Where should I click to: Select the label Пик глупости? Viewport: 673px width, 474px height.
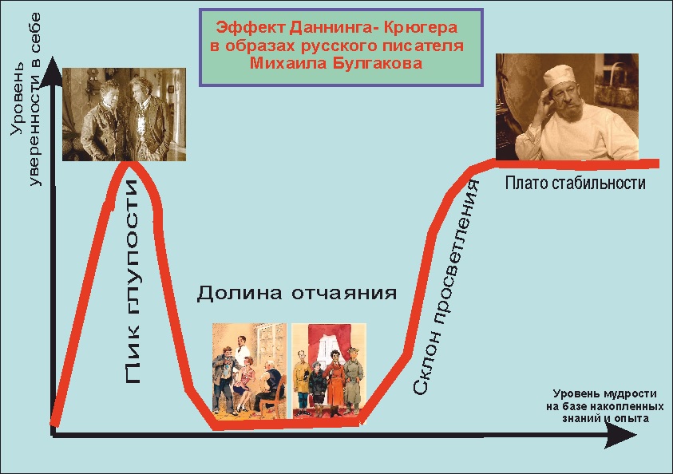(133, 282)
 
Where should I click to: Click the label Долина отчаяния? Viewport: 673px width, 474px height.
(297, 294)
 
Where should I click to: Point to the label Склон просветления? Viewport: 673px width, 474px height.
(445, 287)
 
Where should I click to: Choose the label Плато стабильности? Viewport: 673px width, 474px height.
(575, 184)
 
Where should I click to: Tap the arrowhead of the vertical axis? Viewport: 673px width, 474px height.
(53, 69)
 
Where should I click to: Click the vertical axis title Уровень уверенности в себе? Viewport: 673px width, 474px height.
(26, 100)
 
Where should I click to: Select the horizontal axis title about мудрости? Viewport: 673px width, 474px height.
(605, 406)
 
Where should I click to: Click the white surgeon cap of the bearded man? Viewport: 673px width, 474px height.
(560, 77)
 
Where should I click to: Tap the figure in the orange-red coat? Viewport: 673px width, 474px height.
(334, 381)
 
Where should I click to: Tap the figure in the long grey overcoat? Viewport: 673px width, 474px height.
(353, 381)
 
